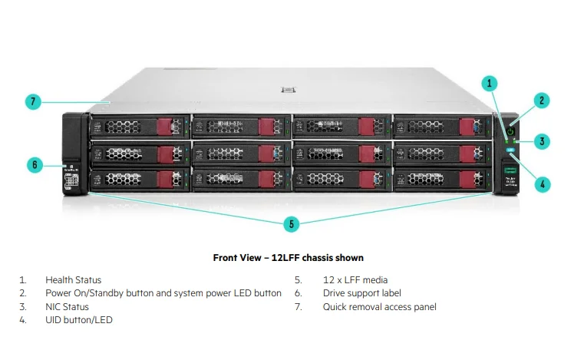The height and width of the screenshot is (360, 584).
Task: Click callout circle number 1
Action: (x=491, y=82)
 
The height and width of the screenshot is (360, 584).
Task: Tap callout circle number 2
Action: (x=542, y=101)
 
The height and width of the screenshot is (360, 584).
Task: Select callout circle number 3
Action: (x=542, y=141)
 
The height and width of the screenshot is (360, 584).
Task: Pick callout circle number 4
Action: (x=542, y=183)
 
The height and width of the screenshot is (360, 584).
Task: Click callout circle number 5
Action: (x=291, y=223)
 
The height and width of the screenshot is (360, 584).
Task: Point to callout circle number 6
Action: (x=35, y=164)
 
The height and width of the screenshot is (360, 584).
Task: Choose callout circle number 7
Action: (x=33, y=102)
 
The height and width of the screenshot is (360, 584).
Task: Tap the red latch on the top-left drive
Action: (x=166, y=127)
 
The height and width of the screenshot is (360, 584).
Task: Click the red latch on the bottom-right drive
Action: (x=467, y=180)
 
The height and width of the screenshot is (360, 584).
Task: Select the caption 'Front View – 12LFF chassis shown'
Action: (x=288, y=258)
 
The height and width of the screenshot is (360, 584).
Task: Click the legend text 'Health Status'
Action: (x=73, y=280)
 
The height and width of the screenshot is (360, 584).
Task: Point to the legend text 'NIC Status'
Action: (x=67, y=307)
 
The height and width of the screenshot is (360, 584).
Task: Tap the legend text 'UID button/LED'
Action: (x=78, y=320)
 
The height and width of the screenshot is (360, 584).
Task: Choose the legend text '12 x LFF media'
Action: (x=355, y=280)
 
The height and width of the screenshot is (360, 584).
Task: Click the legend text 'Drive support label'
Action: (x=361, y=293)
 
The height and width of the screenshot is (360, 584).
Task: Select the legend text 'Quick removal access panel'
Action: (x=379, y=307)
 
